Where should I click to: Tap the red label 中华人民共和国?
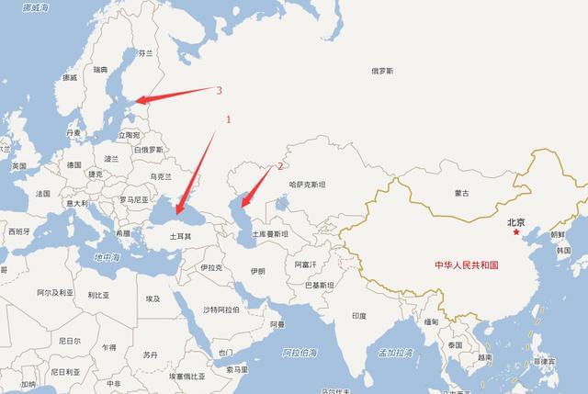tap(466, 265)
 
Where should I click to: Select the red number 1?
tap(230, 119)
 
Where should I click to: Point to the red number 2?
tap(281, 166)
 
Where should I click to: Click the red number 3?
tap(219, 90)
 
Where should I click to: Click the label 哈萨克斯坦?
tap(308, 185)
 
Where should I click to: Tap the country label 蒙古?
tap(461, 193)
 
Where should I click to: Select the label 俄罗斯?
tap(382, 71)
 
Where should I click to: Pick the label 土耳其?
tap(180, 236)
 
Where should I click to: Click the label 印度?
tap(358, 315)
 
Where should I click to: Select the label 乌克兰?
tap(160, 175)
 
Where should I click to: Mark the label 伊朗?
tap(257, 272)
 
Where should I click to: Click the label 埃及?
tap(153, 298)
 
